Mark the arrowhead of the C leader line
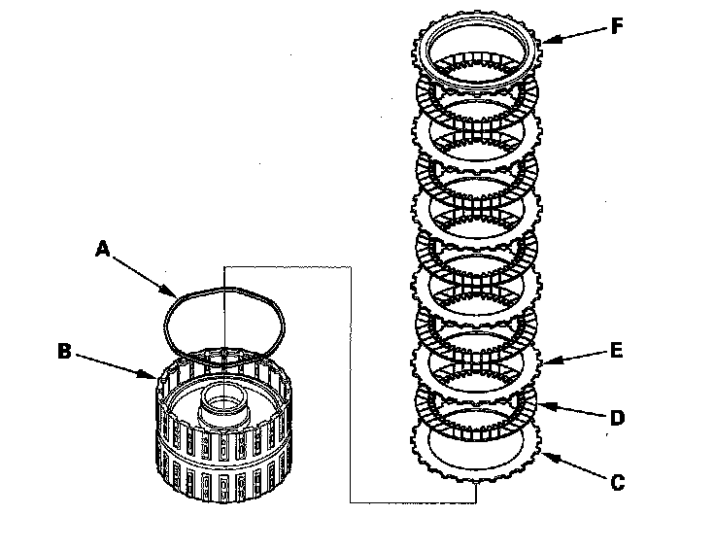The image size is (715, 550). pos(542,453)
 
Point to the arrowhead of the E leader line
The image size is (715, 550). pos(541,363)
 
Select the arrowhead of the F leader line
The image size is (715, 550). pos(540,41)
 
